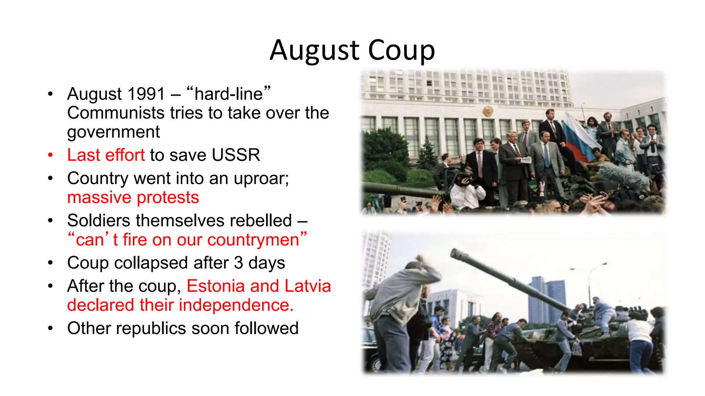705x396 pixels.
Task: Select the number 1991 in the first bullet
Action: pos(146,94)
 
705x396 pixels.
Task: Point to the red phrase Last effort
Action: pos(106,155)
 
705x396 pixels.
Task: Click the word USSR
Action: pos(236,155)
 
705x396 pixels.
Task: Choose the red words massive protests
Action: pos(133,197)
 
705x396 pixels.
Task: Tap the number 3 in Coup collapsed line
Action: pos(239,263)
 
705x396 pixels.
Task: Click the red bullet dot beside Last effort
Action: pos(51,155)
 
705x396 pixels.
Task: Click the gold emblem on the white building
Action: pos(487,111)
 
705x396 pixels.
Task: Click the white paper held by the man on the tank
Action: pos(526,159)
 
